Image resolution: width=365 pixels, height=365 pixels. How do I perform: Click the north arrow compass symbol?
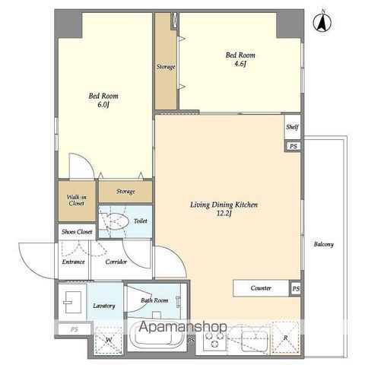coord(322,22)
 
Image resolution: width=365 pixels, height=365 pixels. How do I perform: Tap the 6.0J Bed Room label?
coord(103,100)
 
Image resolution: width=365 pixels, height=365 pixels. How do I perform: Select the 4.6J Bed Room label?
coord(240,59)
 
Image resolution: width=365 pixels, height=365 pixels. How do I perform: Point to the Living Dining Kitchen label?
coord(224,208)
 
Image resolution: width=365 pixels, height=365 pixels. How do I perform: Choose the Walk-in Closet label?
coord(77,200)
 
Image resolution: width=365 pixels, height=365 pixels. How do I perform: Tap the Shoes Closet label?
coord(77,232)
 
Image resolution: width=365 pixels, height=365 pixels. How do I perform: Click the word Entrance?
coord(73,262)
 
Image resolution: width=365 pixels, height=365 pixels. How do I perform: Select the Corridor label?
coord(116,262)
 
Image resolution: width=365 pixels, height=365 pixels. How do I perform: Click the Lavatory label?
coord(104,306)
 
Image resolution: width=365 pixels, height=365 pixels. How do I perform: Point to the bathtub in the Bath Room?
coord(156,336)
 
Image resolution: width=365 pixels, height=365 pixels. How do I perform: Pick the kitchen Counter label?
coord(261,288)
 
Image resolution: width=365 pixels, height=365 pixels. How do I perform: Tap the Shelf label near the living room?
coord(292,127)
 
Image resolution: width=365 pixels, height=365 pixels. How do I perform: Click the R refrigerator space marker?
coord(285,338)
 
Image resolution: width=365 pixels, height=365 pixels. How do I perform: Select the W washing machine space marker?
coord(109,340)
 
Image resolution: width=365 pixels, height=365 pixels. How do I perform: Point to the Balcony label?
coord(324,244)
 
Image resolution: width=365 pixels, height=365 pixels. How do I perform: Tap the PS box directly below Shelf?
coord(294,146)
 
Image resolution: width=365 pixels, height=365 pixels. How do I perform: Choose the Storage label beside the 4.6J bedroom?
coord(166,67)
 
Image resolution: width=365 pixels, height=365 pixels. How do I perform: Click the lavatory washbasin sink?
coord(73,302)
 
